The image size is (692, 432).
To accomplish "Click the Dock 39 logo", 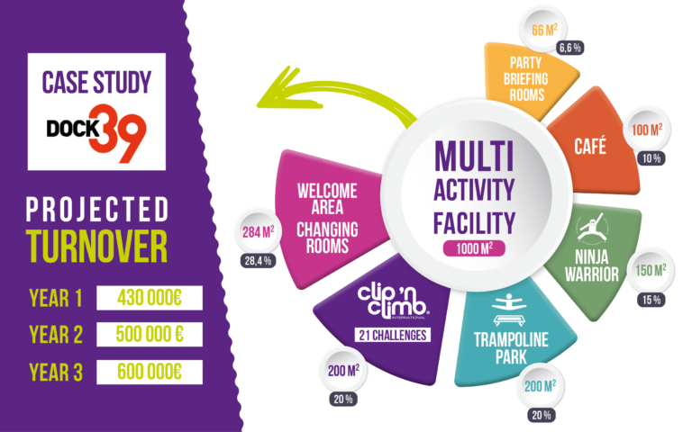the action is point(96,133).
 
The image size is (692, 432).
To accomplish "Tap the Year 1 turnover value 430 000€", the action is point(150,298).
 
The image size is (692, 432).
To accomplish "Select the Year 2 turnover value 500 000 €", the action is point(150,335).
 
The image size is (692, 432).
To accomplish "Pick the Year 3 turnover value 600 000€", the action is point(150,372).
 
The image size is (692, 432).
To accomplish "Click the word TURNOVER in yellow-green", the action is point(96,246).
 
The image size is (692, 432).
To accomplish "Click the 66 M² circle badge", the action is point(543,30).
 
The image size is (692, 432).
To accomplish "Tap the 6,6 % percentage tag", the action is point(569,48).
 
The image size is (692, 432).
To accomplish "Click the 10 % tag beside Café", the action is point(651,158).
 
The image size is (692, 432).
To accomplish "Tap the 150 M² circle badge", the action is point(651,270).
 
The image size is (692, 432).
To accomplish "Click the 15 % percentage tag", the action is point(651,301).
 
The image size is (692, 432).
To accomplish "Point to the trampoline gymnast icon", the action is point(509,309).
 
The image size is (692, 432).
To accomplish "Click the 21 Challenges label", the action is point(393,335).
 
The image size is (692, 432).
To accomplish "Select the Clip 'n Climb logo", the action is point(393,302).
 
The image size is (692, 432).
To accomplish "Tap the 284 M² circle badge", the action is point(258,231).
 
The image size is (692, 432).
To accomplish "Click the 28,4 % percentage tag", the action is point(259,261).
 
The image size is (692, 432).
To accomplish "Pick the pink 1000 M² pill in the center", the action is point(475,248).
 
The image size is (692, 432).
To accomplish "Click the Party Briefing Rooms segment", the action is point(527,79).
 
